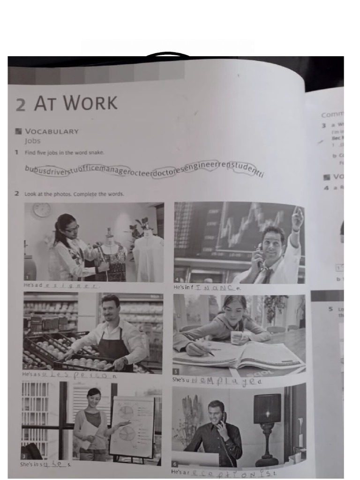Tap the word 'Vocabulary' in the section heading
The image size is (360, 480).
[x=52, y=131]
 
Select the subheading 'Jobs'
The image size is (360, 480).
[x=33, y=141]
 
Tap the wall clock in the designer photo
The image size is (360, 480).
[x=42, y=210]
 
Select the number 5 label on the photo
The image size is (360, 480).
[x=176, y=371]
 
